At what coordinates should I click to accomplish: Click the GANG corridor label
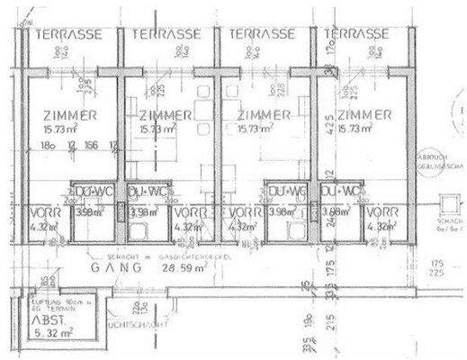pyautogui.click(x=116, y=268)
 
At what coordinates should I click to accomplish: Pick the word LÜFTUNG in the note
pyautogui.click(x=43, y=300)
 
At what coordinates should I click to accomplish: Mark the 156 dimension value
pyautogui.click(x=90, y=145)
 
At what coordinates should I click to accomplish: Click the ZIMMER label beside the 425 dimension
pyautogui.click(x=364, y=114)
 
